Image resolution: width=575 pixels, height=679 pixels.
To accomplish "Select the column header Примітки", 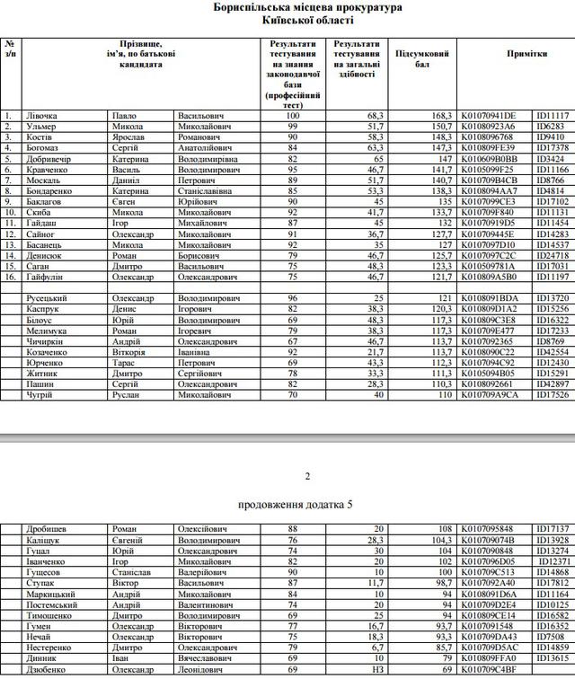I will pos(526,54).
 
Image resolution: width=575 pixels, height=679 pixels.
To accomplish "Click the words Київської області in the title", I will pos(307,19).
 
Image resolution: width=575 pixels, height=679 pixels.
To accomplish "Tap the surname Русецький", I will pos(48,298).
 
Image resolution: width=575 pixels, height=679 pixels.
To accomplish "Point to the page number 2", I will pos(307,475).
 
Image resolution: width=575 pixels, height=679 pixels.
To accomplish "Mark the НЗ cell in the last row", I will pos(378,669).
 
